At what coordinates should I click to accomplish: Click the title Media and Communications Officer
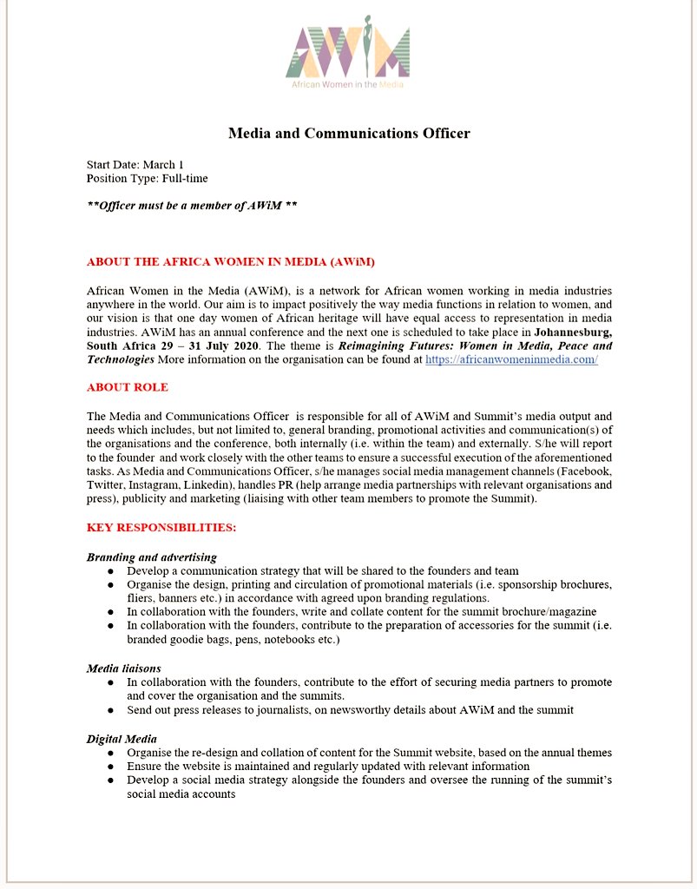pyautogui.click(x=349, y=134)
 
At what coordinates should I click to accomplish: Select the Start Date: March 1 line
pyautogui.click(x=135, y=164)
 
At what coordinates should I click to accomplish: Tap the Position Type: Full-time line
pyautogui.click(x=147, y=178)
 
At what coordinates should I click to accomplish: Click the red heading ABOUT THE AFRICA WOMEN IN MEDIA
pyautogui.click(x=231, y=261)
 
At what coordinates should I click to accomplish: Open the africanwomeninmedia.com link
pyautogui.click(x=511, y=359)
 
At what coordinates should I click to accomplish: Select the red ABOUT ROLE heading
pyautogui.click(x=128, y=387)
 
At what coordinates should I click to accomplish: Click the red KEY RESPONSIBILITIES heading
pyautogui.click(x=161, y=528)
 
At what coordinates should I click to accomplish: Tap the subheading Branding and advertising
pyautogui.click(x=152, y=556)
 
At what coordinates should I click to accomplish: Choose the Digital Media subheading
pyautogui.click(x=122, y=738)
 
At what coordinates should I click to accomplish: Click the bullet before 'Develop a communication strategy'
pyautogui.click(x=110, y=571)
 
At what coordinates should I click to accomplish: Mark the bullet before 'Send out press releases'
pyautogui.click(x=110, y=710)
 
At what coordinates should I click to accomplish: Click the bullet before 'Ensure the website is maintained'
pyautogui.click(x=110, y=767)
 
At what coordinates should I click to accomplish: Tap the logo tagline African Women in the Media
pyautogui.click(x=347, y=84)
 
